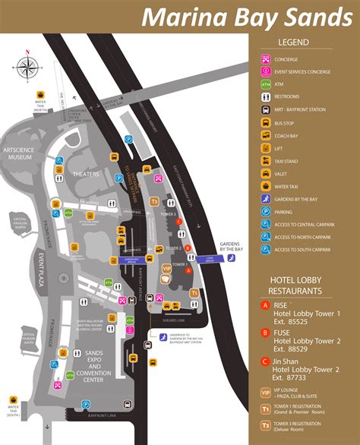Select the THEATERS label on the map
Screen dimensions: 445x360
(85, 174)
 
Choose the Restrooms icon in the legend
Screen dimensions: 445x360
(266, 96)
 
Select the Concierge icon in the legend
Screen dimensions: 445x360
(266, 59)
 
